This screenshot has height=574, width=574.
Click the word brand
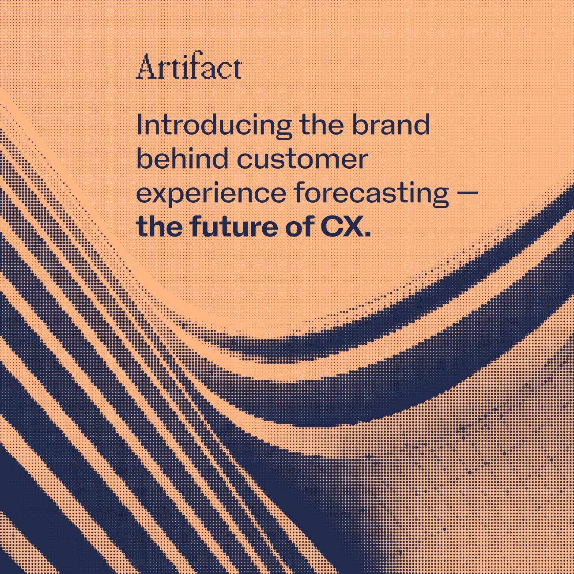click(391, 125)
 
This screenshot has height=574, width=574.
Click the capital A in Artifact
click(146, 68)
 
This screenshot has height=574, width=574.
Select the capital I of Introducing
click(140, 125)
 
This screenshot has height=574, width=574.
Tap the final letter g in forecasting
click(440, 196)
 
